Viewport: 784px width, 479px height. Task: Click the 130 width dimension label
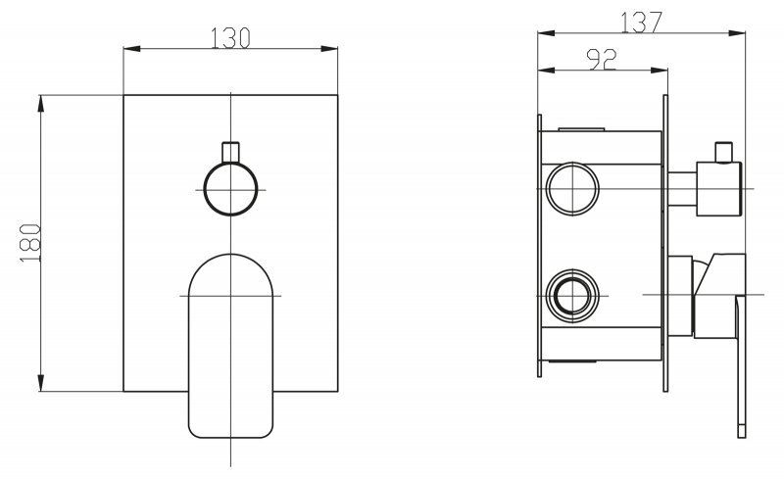tap(230, 38)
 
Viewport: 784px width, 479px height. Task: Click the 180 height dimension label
tap(30, 243)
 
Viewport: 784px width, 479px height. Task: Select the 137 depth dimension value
tap(642, 22)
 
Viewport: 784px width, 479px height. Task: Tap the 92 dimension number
tap(602, 60)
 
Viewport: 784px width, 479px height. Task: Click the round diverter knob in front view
tap(230, 189)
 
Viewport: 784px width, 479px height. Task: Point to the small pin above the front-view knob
tap(230, 153)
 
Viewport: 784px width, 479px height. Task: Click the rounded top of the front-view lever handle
tap(230, 265)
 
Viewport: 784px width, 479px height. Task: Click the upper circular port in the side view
tap(572, 188)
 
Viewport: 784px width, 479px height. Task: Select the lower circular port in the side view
tap(572, 296)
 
